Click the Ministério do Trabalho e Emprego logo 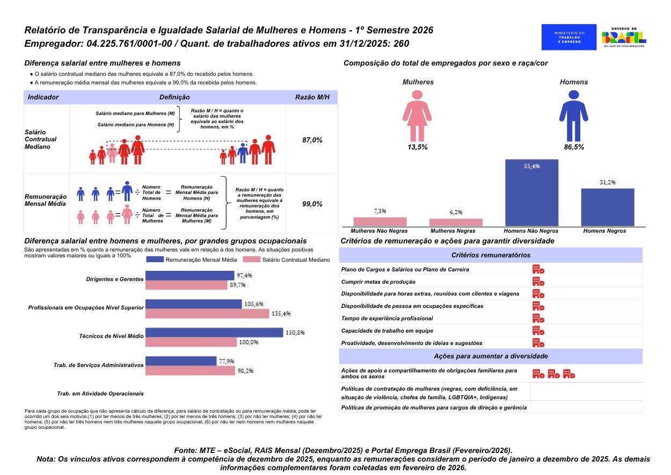[569, 37]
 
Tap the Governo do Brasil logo [624, 37]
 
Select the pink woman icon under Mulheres [418, 114]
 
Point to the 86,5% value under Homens [573, 147]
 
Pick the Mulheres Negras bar [456, 222]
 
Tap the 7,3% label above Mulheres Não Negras [380, 211]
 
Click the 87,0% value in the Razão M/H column [312, 140]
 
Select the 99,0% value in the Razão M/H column [312, 204]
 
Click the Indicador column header [43, 97]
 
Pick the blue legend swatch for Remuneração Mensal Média [155, 260]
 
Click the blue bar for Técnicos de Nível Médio [214, 333]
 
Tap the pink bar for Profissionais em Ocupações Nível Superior [207, 313]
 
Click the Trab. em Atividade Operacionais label [100, 393]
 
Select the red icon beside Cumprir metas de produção [538, 282]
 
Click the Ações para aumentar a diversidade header [491, 356]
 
